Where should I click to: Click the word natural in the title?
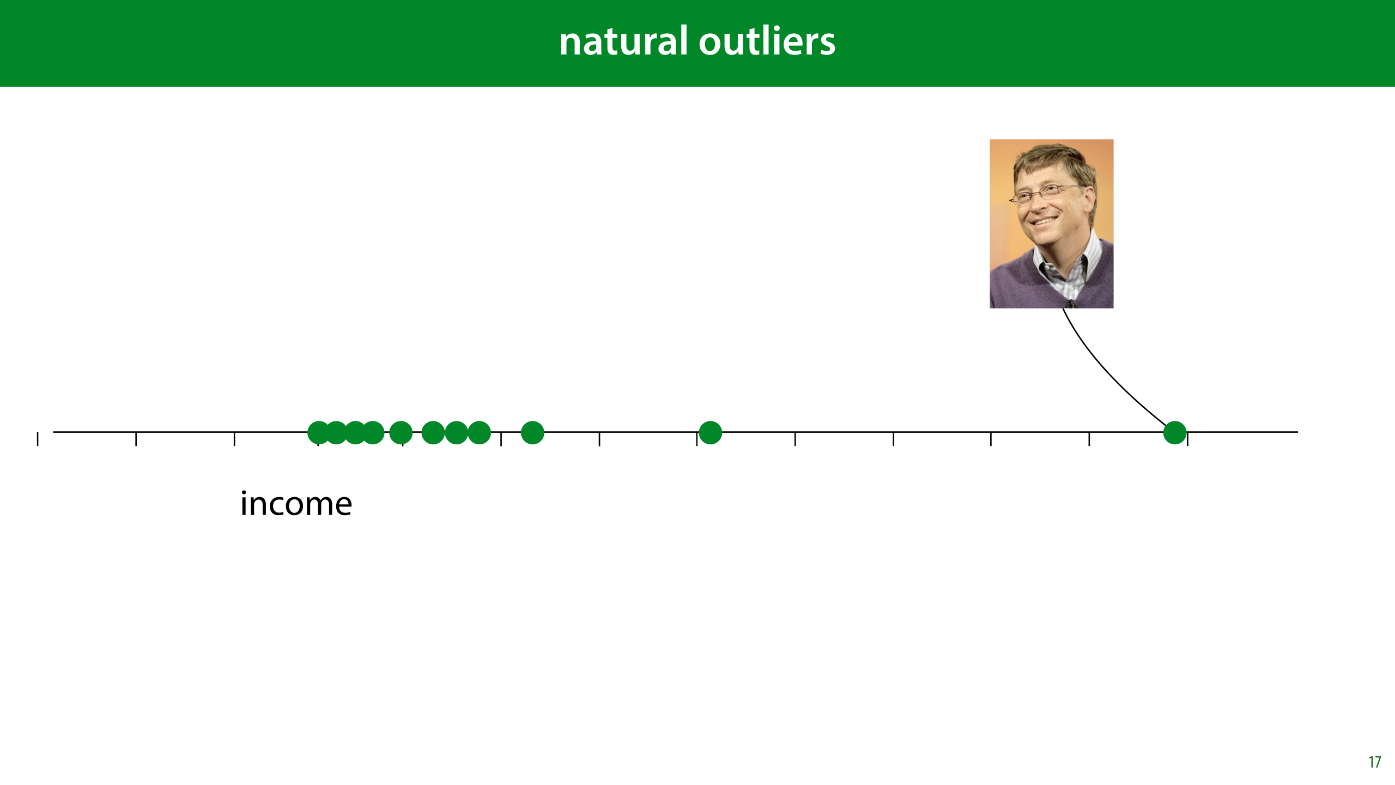point(623,41)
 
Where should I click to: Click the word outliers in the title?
point(767,41)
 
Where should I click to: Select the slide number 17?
point(1374,762)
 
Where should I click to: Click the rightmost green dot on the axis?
point(1175,433)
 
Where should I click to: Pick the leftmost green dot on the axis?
point(319,433)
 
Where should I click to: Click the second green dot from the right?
point(710,433)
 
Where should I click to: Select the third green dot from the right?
point(532,433)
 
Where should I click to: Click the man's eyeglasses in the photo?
point(1046,193)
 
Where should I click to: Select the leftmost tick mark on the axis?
point(38,439)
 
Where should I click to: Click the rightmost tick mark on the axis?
point(1187,439)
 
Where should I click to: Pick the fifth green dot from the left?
point(401,433)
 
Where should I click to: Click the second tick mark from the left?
point(136,439)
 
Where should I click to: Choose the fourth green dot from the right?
point(479,433)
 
